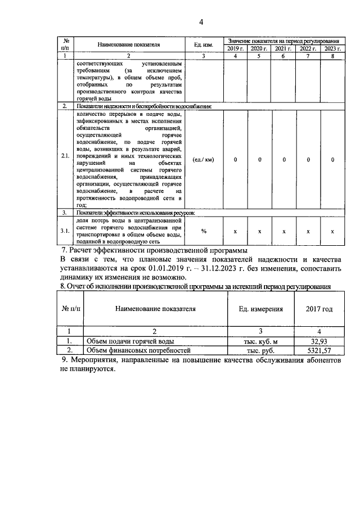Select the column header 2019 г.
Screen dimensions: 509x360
236,49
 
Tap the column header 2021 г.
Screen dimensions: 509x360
284,49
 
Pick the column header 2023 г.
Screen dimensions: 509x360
332,49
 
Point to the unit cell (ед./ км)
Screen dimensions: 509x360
202,160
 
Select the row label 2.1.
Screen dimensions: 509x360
66,160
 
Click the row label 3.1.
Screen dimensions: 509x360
66,231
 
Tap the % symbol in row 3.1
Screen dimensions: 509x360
204,231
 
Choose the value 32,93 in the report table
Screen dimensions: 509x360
319,341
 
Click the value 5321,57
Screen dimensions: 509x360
319,350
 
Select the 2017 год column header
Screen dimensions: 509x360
319,309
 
